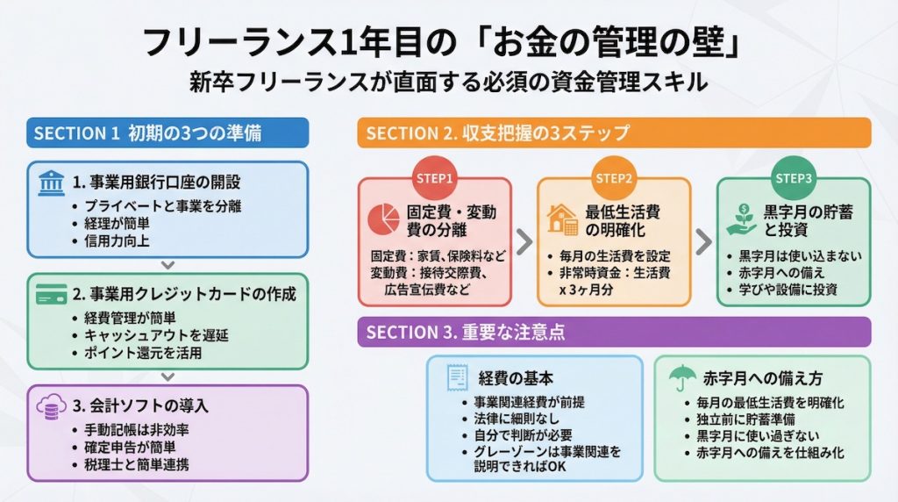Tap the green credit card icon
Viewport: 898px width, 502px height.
tap(51, 295)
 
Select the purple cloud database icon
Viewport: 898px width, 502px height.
tap(51, 406)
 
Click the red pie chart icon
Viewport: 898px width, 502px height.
tap(385, 219)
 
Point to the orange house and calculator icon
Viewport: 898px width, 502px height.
tap(562, 219)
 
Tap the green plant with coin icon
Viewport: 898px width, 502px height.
tap(741, 219)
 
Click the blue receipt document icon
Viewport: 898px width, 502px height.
tap(456, 378)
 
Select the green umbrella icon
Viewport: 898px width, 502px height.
tap(678, 378)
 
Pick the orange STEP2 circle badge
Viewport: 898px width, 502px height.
tap(614, 179)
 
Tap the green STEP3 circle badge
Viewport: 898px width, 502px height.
tap(793, 179)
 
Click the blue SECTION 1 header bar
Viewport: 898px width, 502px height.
tap(167, 133)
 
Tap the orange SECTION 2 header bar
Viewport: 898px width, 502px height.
tap(614, 133)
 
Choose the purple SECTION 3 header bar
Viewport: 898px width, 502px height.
tap(614, 333)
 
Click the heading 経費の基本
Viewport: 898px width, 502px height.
tap(517, 378)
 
